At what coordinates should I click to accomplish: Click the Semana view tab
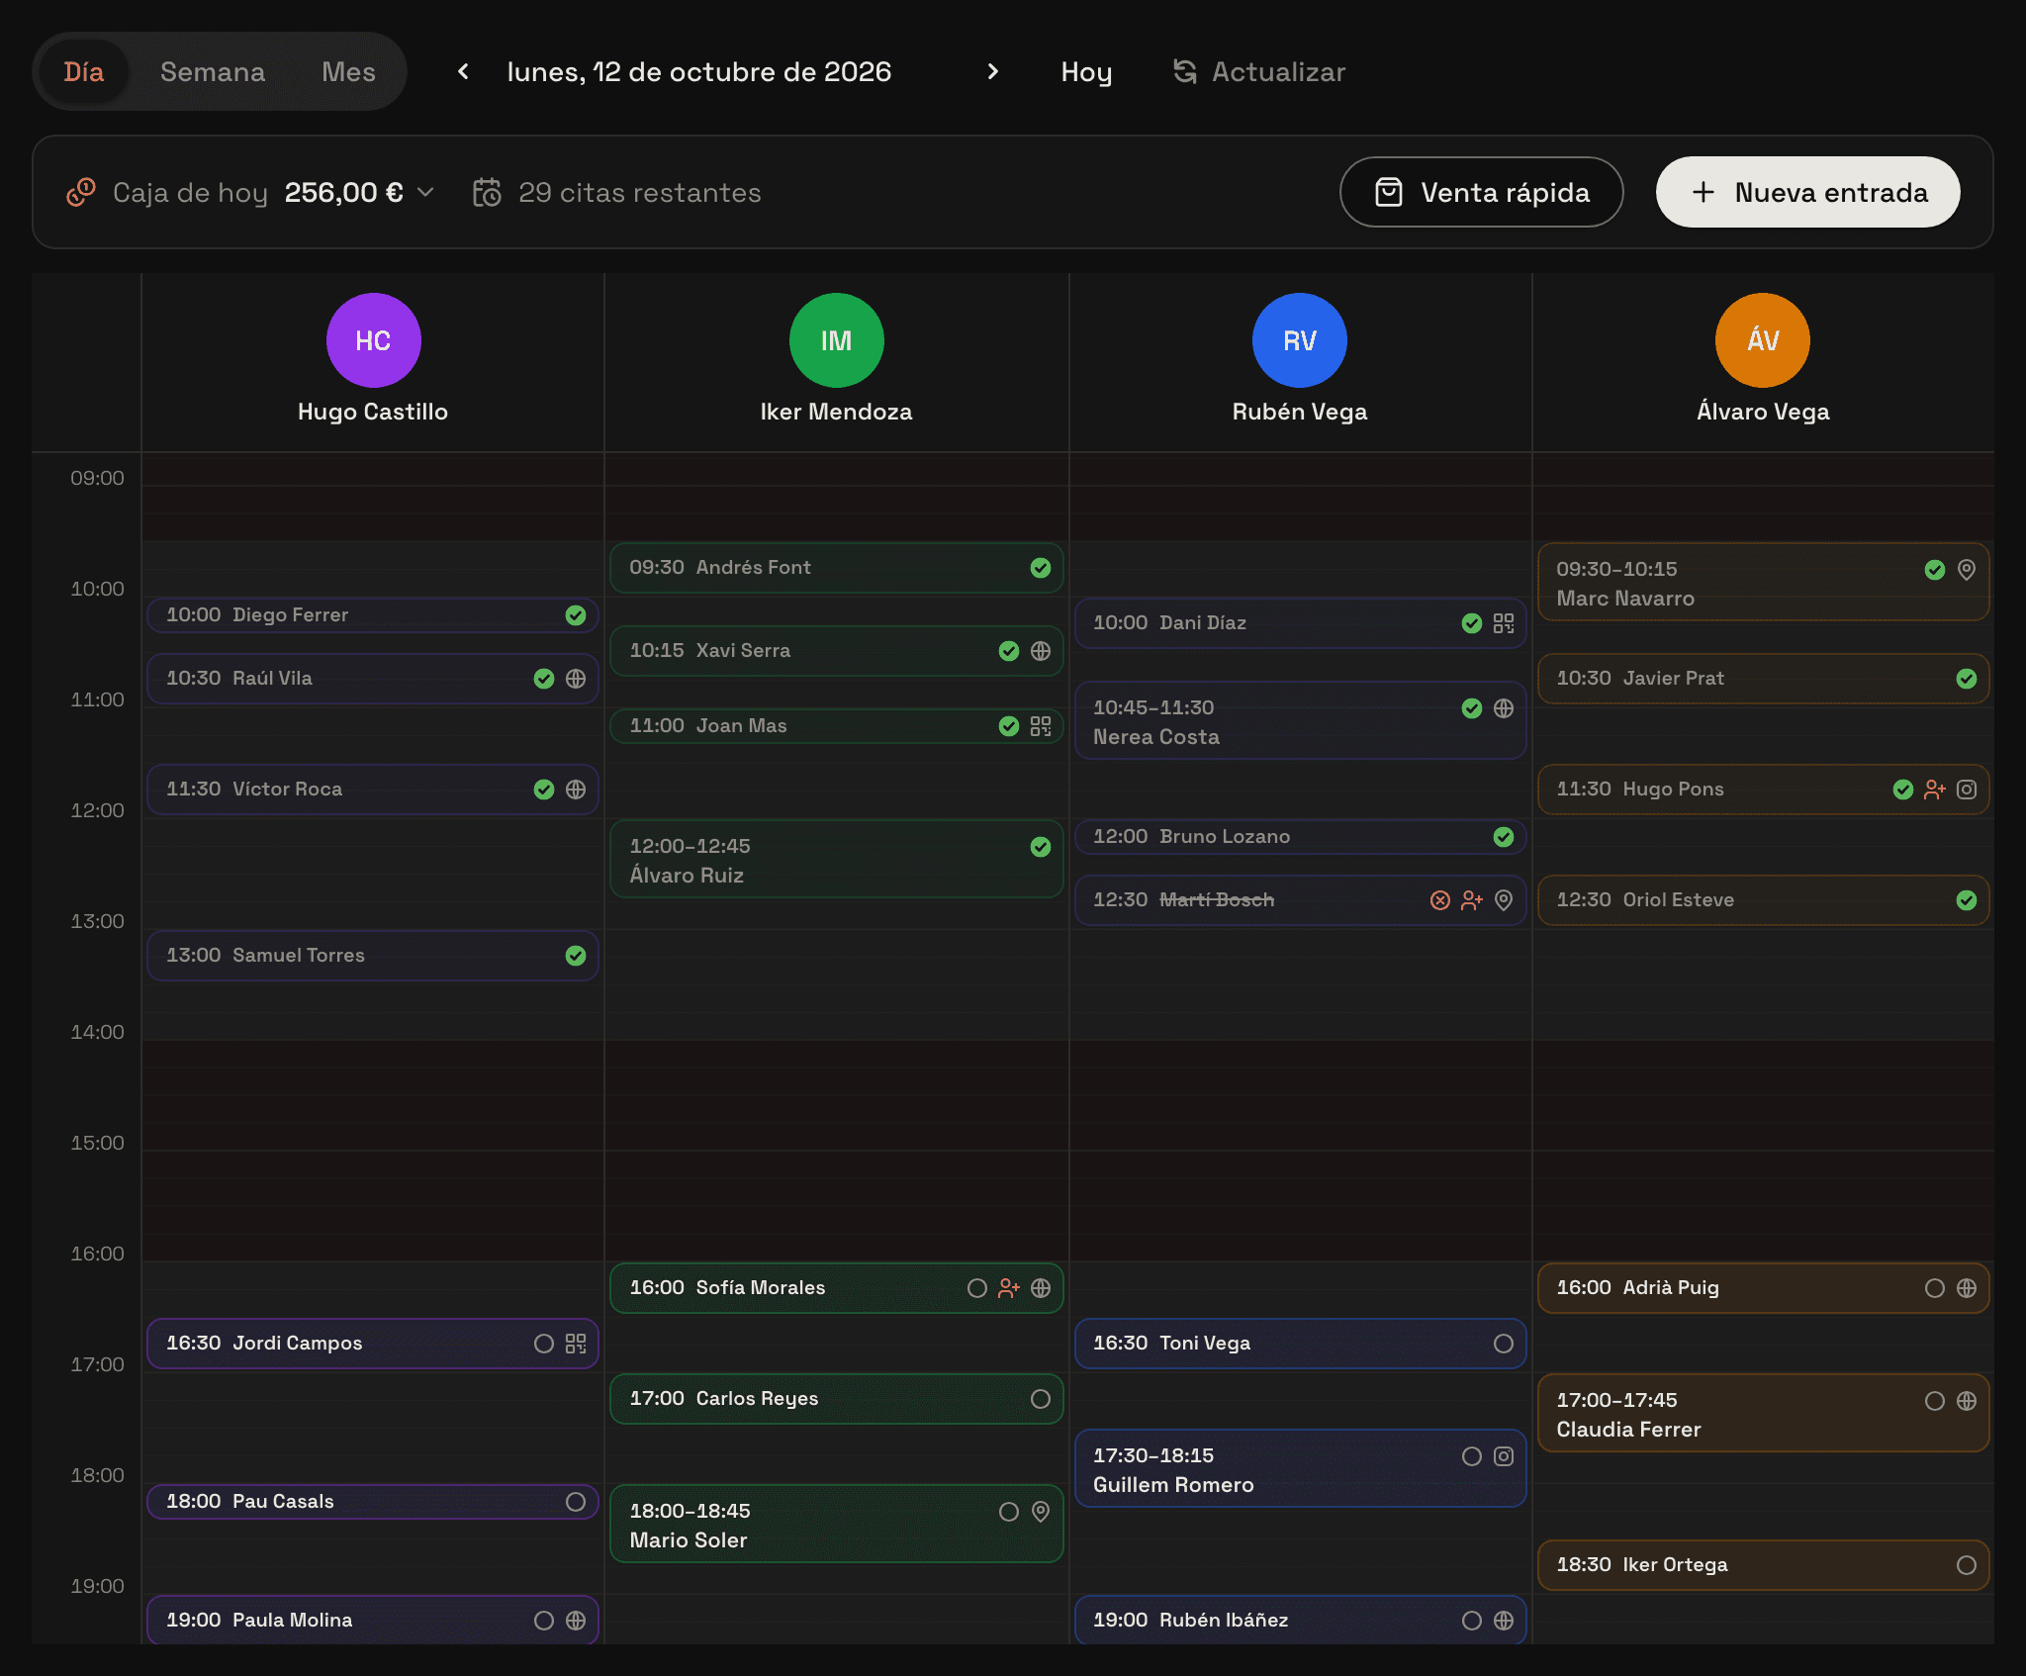(x=213, y=71)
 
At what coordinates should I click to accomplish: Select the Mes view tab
(x=348, y=71)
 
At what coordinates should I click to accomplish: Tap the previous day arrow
(x=463, y=71)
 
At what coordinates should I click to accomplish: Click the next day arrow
(x=993, y=71)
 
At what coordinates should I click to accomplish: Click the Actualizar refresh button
(x=1259, y=71)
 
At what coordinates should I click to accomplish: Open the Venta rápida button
(x=1481, y=192)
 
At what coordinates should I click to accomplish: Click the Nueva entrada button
(x=1807, y=192)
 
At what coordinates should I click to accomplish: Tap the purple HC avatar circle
(x=373, y=340)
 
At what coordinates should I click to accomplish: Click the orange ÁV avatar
(x=1762, y=340)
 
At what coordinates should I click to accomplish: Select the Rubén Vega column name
(x=1299, y=412)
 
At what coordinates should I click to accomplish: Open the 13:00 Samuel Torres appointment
(x=373, y=956)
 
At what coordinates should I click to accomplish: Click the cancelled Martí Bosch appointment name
(x=1217, y=899)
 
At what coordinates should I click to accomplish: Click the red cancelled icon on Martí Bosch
(x=1440, y=900)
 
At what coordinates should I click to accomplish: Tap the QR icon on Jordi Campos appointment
(x=576, y=1344)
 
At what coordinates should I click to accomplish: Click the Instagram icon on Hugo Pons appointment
(x=1967, y=790)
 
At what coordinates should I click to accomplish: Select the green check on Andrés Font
(x=1041, y=568)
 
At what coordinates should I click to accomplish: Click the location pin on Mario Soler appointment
(x=1041, y=1512)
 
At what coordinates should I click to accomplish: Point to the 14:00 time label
(x=97, y=1032)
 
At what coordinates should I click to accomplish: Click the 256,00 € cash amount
(x=343, y=192)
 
